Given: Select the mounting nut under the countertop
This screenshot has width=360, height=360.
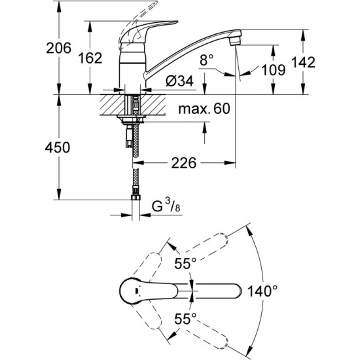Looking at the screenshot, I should point(133,118).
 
